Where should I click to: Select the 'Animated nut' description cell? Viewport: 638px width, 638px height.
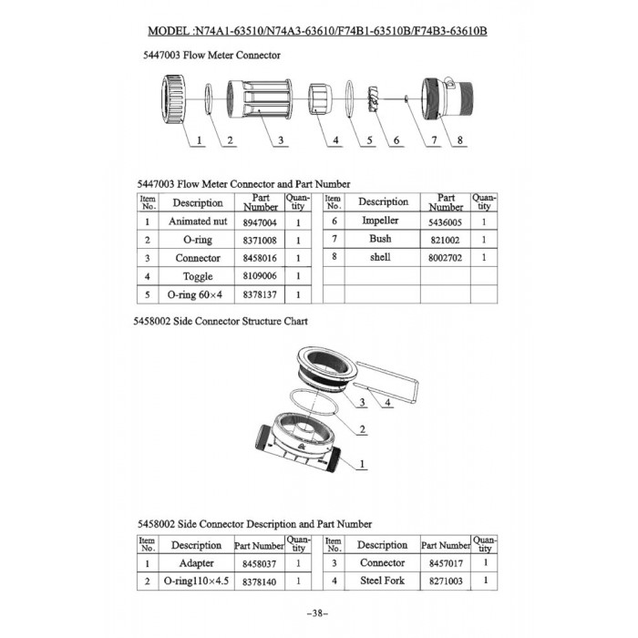(x=198, y=221)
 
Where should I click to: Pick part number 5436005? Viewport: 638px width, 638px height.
(x=446, y=221)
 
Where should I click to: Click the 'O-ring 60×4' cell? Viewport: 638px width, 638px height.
(x=198, y=294)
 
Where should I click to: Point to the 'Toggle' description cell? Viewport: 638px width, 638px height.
(x=198, y=276)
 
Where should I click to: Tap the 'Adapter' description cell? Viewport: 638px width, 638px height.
(x=197, y=563)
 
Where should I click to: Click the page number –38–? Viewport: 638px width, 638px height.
(x=319, y=612)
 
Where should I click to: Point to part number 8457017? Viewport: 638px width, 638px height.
(x=446, y=563)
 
